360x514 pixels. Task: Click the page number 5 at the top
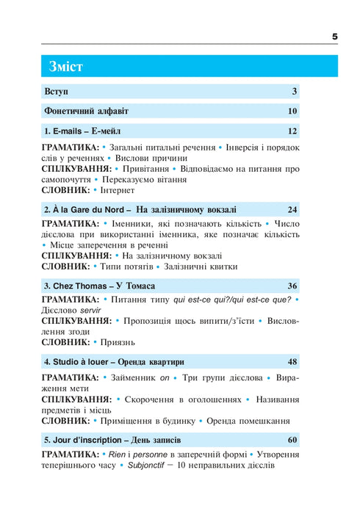point(335,35)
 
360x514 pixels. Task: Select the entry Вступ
point(56,92)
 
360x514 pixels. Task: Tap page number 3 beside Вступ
point(294,92)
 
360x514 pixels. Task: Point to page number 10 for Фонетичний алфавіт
point(292,112)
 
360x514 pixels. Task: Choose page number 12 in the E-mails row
point(292,131)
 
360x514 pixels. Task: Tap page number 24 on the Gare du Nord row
point(292,209)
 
